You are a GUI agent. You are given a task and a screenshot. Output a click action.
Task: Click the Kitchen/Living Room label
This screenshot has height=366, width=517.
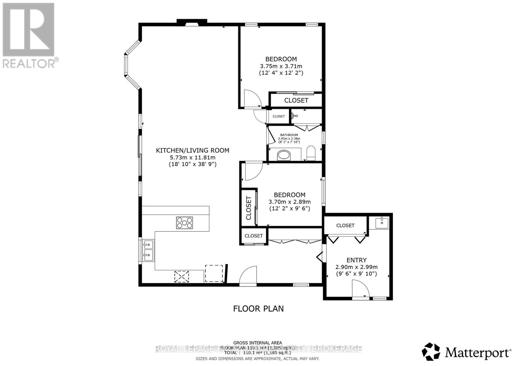pyautogui.click(x=193, y=150)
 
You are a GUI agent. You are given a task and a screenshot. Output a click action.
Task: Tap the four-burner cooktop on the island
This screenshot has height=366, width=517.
pyautogui.click(x=185, y=223)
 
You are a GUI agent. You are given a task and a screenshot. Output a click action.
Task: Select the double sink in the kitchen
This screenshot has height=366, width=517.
pyautogui.click(x=149, y=251)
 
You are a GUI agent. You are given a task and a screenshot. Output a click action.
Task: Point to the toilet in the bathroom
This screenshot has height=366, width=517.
pyautogui.click(x=311, y=153)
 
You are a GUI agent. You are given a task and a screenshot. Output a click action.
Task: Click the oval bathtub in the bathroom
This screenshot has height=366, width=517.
pyautogui.click(x=284, y=156)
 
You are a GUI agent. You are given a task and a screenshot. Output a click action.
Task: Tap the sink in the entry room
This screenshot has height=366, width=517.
pyautogui.click(x=382, y=222)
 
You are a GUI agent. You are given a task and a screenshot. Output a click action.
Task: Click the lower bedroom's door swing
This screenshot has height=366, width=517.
pyautogui.click(x=253, y=171)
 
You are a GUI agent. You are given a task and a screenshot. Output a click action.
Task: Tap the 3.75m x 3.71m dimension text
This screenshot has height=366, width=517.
pyautogui.click(x=281, y=66)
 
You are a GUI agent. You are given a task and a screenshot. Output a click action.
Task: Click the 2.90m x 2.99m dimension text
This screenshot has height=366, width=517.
pyautogui.click(x=356, y=267)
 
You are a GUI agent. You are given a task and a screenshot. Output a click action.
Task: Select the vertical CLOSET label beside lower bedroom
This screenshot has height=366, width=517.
pyautogui.click(x=248, y=208)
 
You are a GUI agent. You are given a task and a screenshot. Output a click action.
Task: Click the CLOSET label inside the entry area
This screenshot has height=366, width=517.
pyautogui.click(x=345, y=225)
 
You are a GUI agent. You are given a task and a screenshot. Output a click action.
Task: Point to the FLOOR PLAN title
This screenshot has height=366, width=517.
pyautogui.click(x=258, y=309)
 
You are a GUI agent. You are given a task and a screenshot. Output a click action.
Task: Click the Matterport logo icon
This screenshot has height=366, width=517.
pyautogui.click(x=431, y=352)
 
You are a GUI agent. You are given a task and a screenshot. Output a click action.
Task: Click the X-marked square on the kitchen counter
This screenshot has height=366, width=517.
pyautogui.click(x=181, y=276)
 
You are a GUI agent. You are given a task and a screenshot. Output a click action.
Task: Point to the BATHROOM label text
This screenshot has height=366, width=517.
pyautogui.click(x=289, y=135)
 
